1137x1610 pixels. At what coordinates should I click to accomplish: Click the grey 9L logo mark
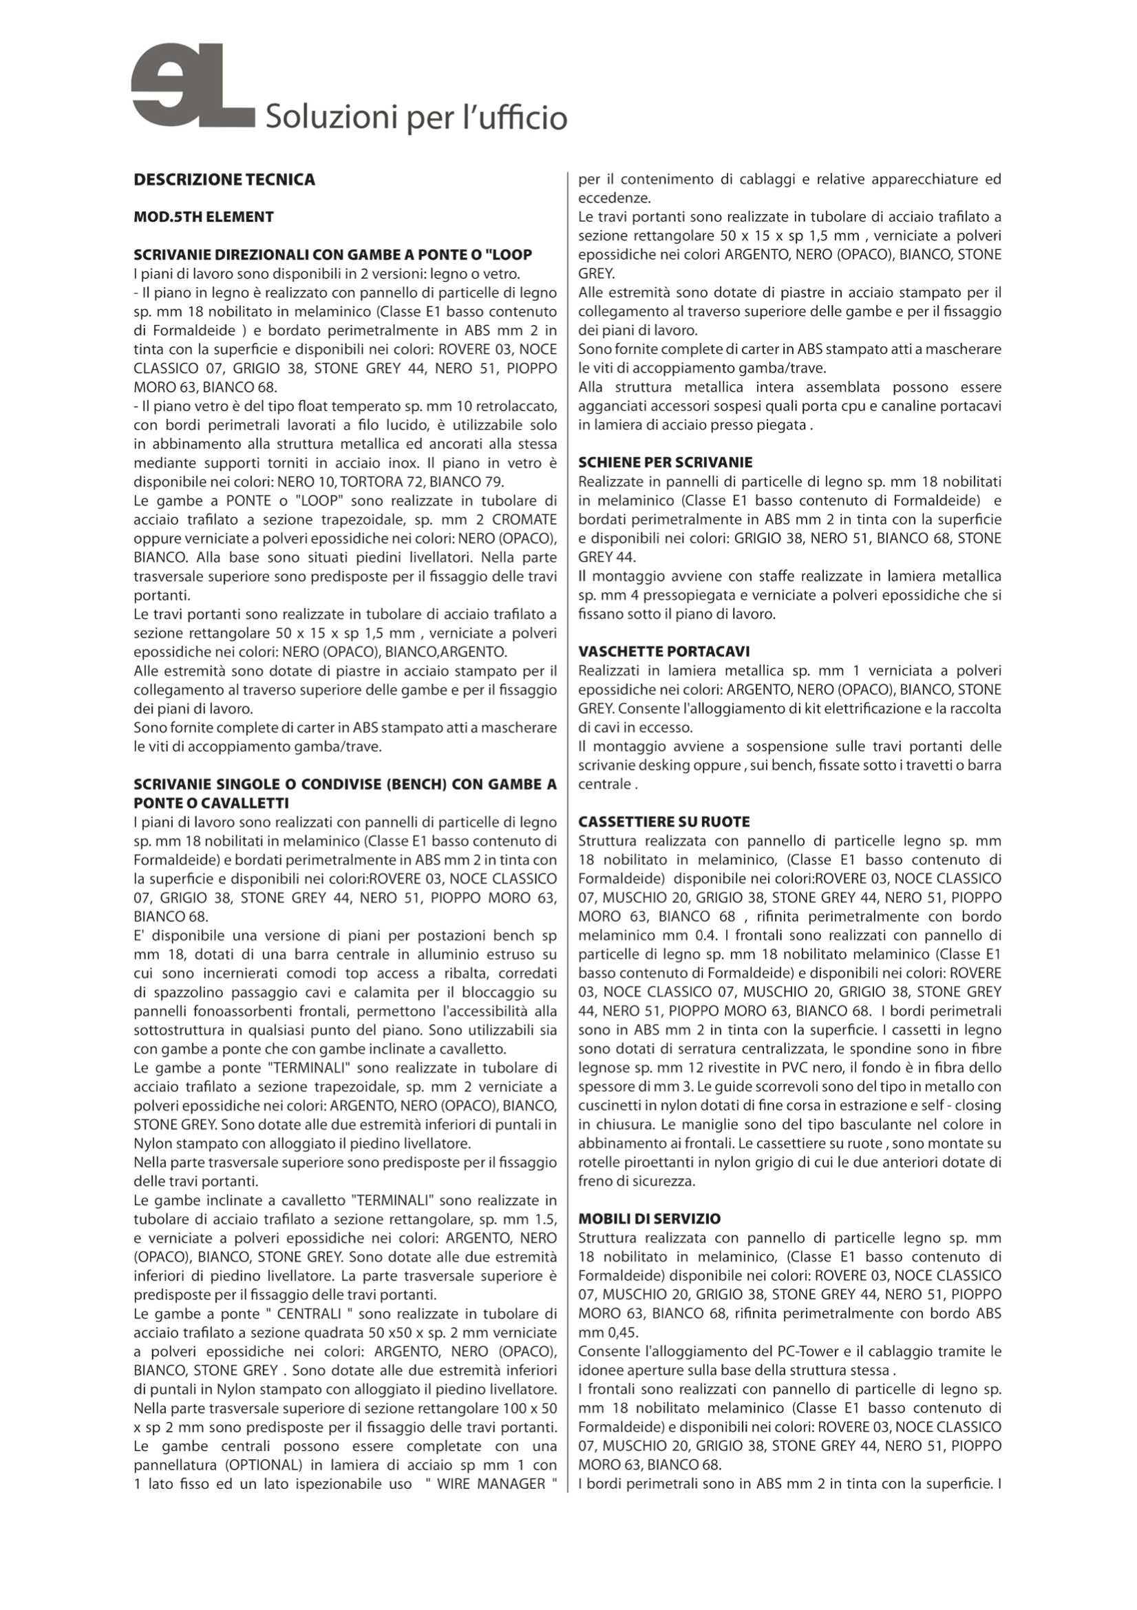coord(192,85)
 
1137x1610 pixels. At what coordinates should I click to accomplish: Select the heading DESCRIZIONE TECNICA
coord(224,180)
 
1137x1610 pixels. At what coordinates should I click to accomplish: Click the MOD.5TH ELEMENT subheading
coord(203,217)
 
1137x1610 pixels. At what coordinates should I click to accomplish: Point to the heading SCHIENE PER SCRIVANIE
coord(666,462)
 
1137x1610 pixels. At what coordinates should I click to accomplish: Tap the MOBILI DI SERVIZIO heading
coord(649,1219)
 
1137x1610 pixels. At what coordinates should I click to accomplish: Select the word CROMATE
coord(524,520)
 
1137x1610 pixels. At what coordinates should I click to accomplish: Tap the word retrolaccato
coord(516,406)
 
